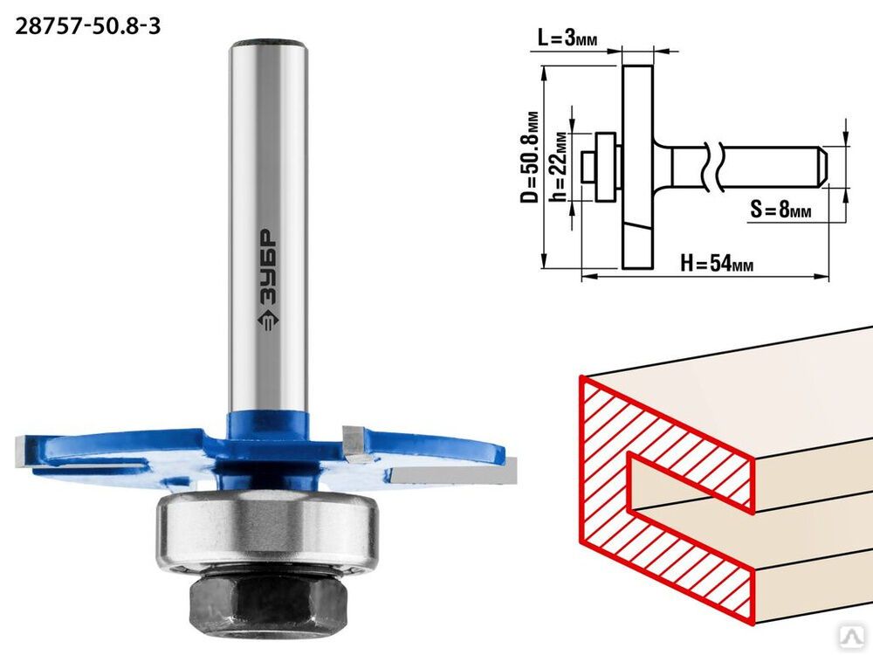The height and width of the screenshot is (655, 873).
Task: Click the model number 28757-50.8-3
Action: coord(87,25)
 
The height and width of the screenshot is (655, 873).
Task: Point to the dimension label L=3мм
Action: coord(567,38)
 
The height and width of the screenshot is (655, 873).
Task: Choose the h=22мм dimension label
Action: coord(558,167)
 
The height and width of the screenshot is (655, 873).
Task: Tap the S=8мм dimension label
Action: coord(780,210)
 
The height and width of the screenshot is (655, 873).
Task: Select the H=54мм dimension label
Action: coord(717,262)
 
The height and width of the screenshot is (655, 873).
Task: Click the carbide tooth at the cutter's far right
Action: coord(454,474)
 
